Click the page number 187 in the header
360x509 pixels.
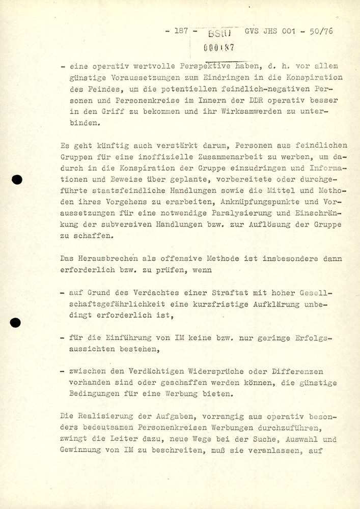tap(182, 31)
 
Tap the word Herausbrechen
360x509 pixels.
tap(110, 259)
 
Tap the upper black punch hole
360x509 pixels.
tap(18, 179)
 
